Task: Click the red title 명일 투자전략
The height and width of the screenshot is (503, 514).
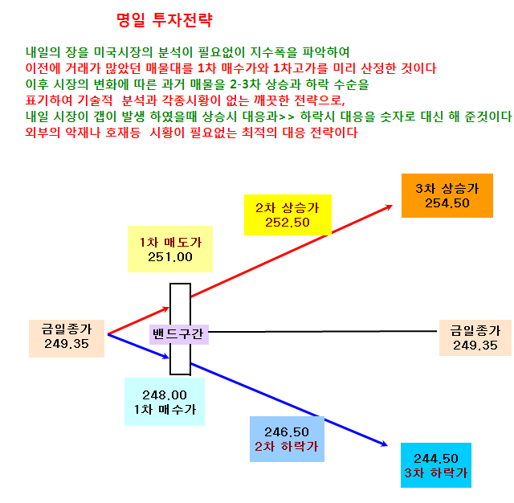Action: click(x=165, y=19)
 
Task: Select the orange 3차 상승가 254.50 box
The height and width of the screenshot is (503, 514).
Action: click(x=447, y=195)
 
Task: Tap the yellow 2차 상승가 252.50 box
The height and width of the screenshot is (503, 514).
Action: click(x=288, y=215)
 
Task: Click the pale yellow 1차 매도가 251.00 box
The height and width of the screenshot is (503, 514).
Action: click(x=170, y=249)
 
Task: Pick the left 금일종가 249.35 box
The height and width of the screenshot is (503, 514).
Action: click(x=67, y=338)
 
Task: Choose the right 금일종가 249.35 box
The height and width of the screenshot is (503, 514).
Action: click(x=475, y=337)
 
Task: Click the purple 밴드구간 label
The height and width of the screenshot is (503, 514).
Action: click(x=179, y=334)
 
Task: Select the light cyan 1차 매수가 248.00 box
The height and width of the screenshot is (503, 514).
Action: click(x=165, y=402)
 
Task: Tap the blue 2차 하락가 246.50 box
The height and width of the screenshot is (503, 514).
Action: click(x=287, y=439)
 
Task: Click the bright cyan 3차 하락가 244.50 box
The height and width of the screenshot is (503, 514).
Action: click(x=436, y=465)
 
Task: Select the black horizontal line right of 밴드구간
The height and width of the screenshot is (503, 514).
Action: click(x=323, y=332)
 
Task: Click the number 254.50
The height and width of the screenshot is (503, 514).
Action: click(x=447, y=203)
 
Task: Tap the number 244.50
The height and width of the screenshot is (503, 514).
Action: click(x=436, y=458)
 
